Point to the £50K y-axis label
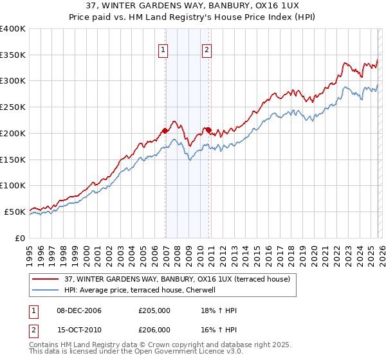14,212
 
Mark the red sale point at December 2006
165,130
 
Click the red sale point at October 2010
208,130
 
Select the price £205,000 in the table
154,310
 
